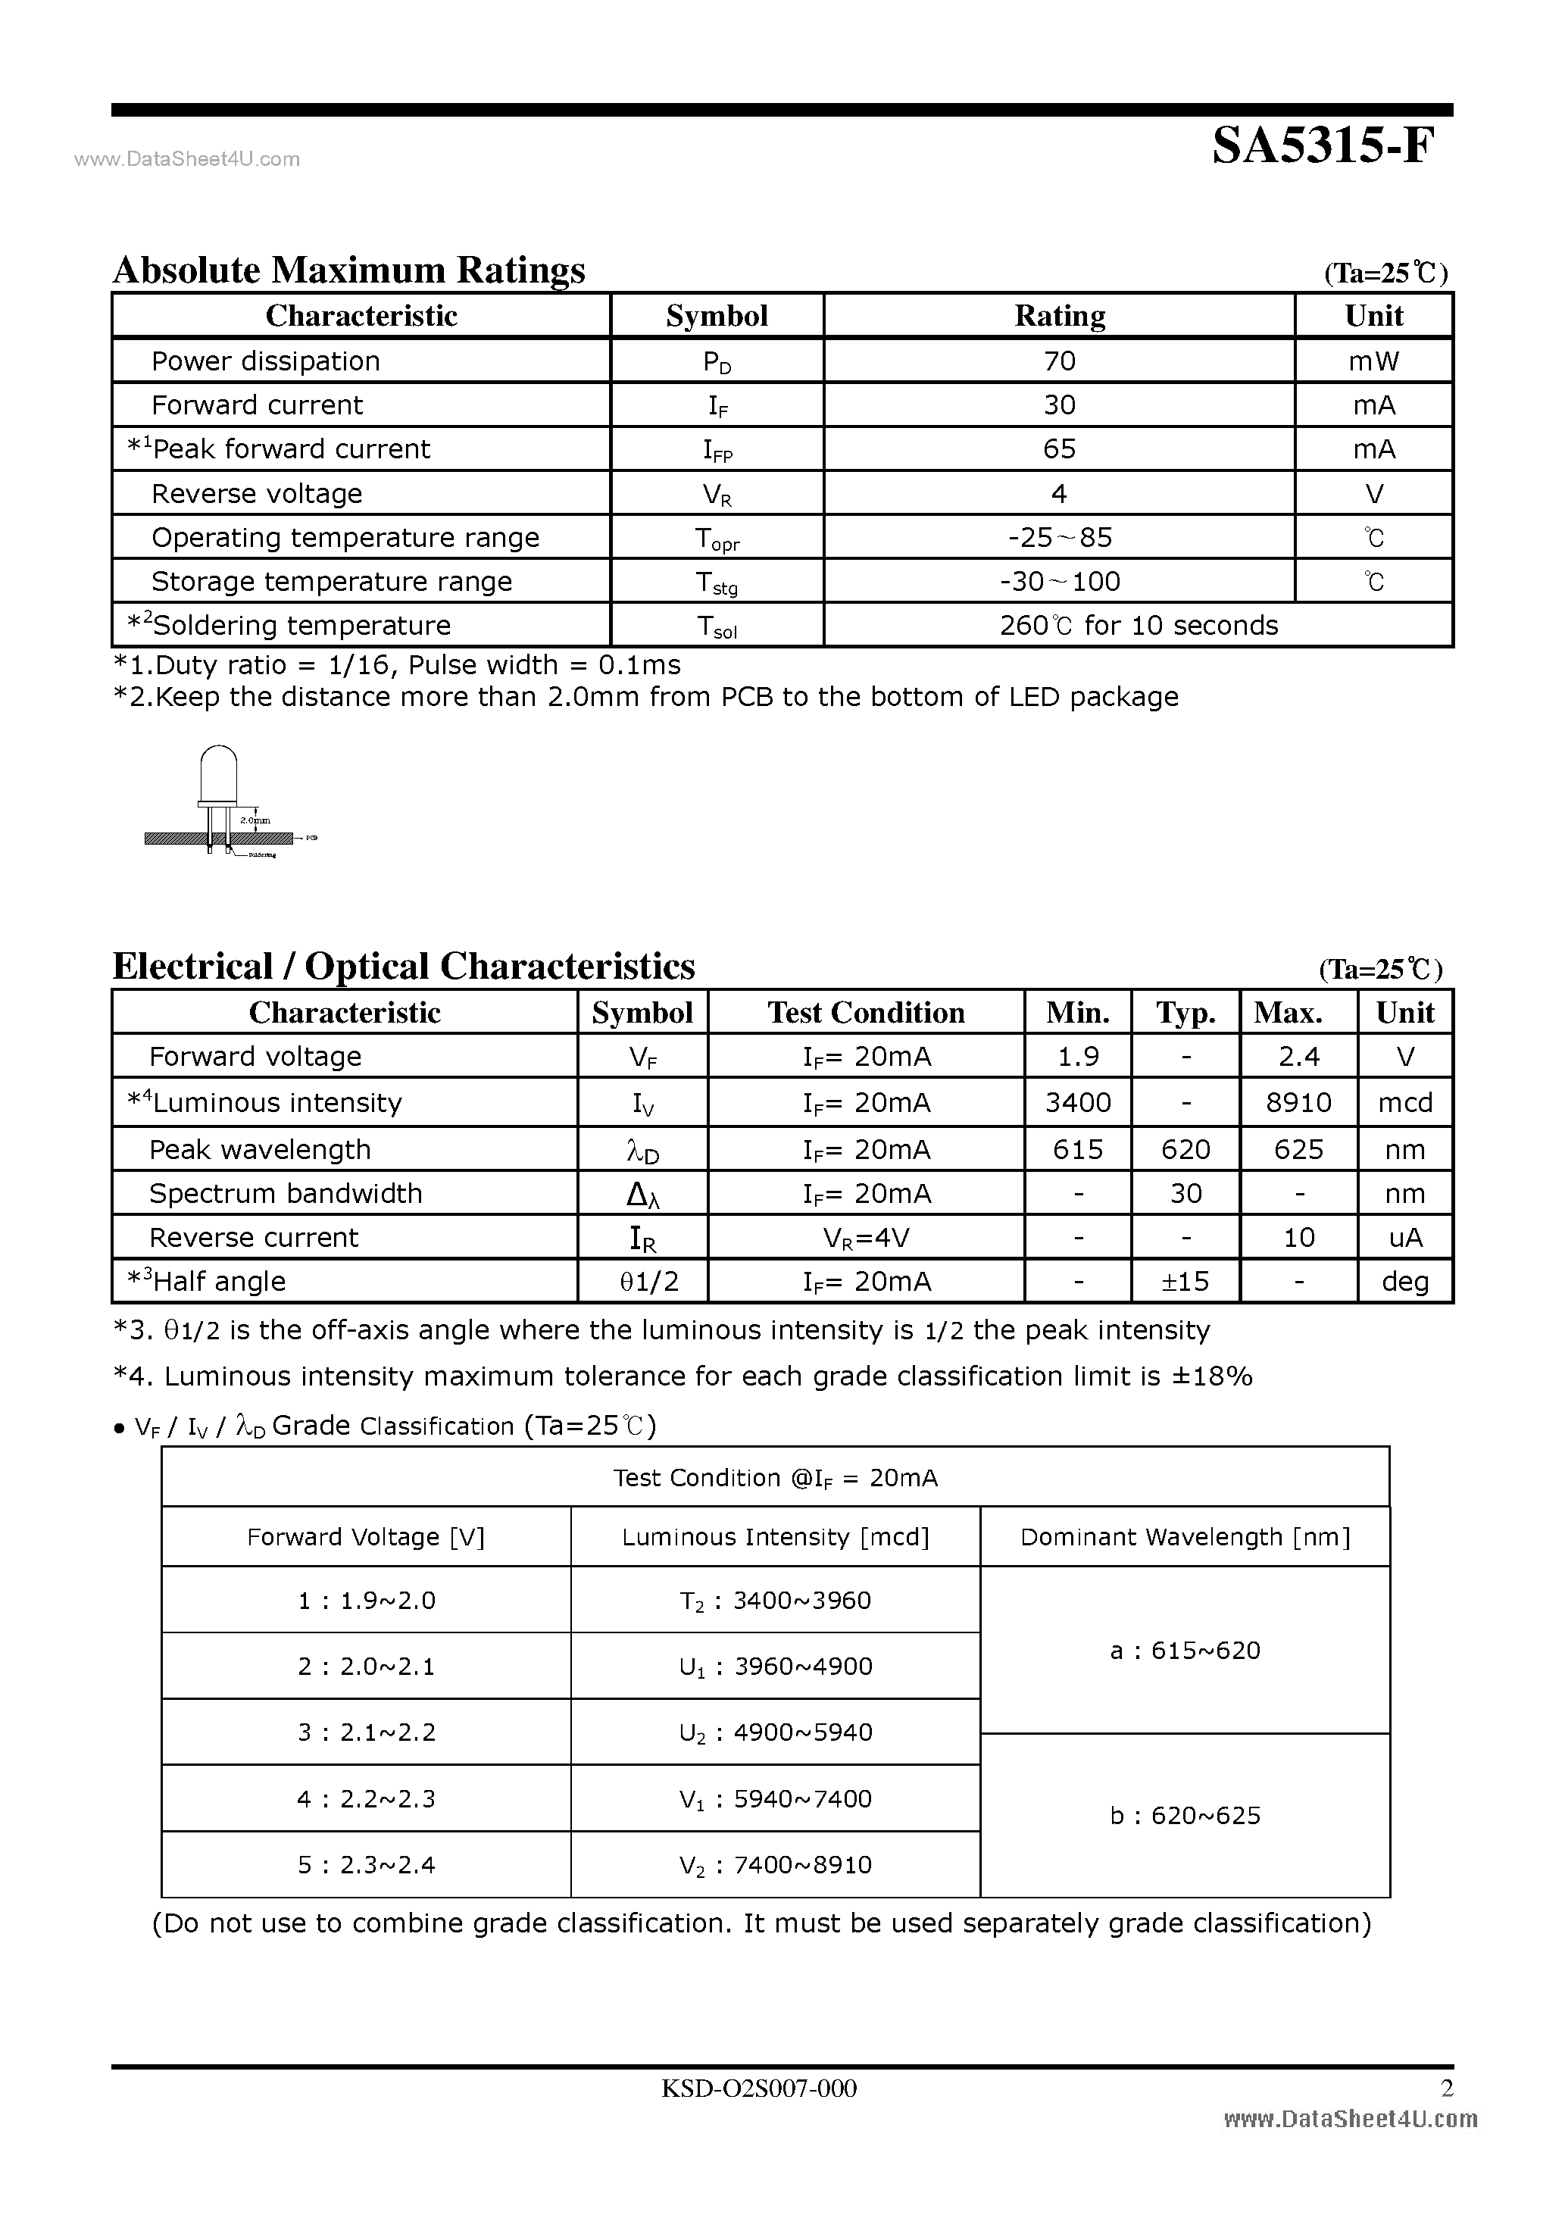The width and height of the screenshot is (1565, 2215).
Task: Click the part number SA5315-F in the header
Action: pyautogui.click(x=1323, y=148)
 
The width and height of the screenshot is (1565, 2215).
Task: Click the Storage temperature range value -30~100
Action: pyautogui.click(x=1060, y=582)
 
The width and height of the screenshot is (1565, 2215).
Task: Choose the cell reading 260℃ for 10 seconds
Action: pyautogui.click(x=1139, y=625)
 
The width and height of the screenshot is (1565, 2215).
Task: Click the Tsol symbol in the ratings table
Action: pyautogui.click(x=716, y=627)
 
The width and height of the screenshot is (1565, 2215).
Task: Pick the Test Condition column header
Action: pyautogui.click(x=866, y=1012)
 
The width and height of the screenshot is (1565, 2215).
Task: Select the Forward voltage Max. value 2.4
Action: pyautogui.click(x=1298, y=1057)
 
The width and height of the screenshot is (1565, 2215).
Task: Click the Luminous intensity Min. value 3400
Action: pyautogui.click(x=1078, y=1101)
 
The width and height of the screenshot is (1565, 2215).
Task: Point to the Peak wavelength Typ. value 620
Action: pyautogui.click(x=1185, y=1149)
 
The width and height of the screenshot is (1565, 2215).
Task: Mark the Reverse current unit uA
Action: pyautogui.click(x=1405, y=1237)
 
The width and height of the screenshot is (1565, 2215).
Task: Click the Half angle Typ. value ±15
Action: pyautogui.click(x=1185, y=1281)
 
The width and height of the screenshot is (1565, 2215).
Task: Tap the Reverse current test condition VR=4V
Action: pyautogui.click(x=866, y=1238)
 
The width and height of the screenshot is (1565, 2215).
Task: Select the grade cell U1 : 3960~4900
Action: pyautogui.click(x=775, y=1666)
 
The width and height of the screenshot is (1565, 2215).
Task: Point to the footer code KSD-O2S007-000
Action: pyautogui.click(x=758, y=2088)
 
